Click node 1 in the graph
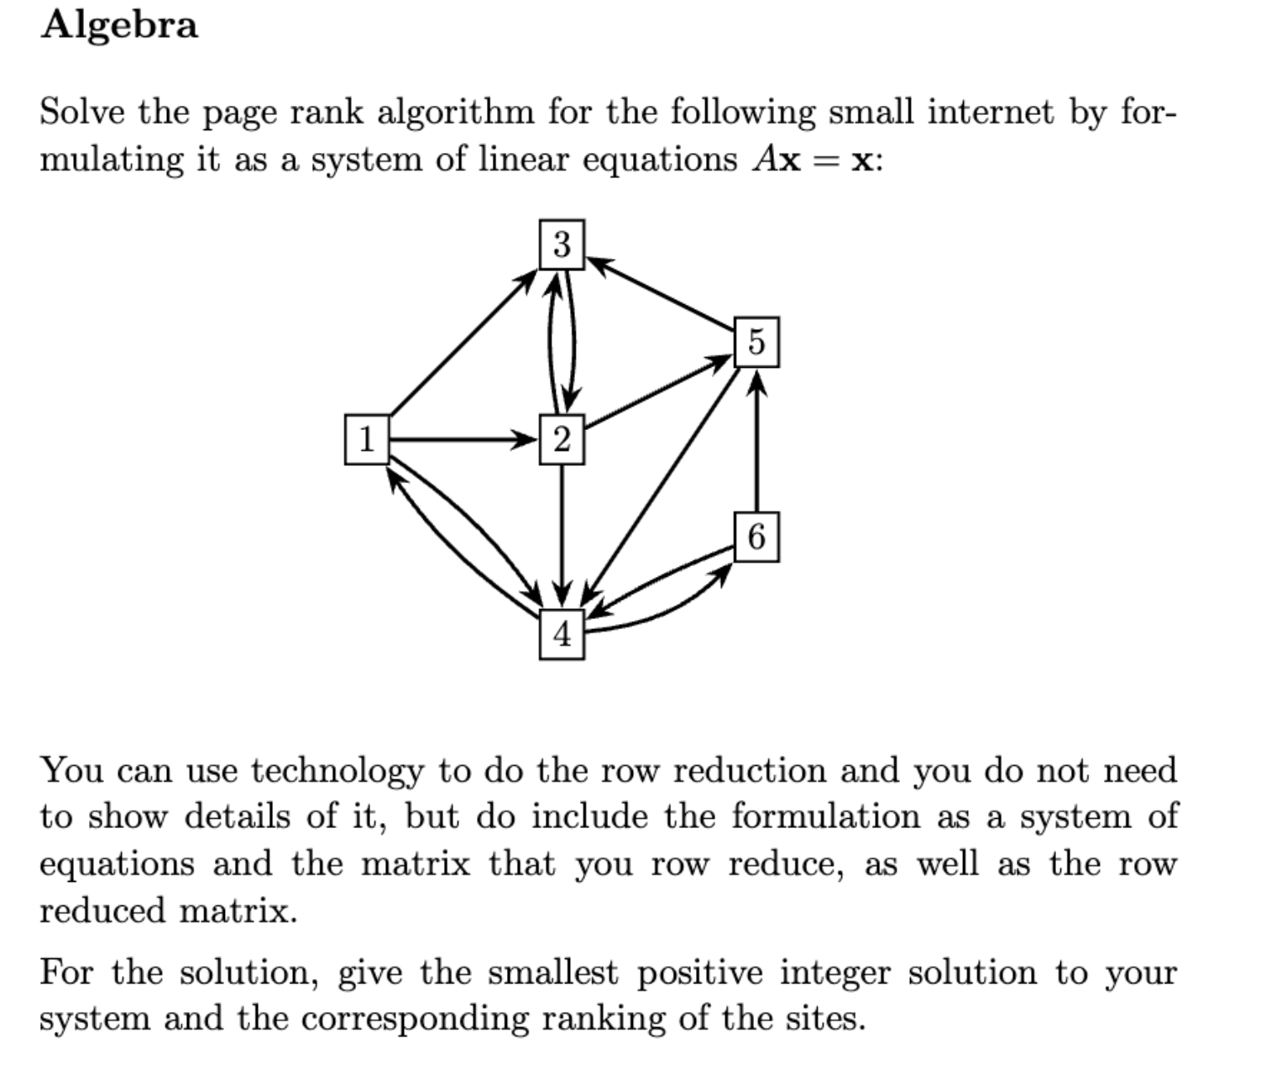(x=367, y=438)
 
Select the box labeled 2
(x=562, y=438)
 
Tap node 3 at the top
(x=562, y=244)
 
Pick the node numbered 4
(x=562, y=634)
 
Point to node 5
(x=756, y=342)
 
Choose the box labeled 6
(x=756, y=537)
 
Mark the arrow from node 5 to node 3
(x=659, y=294)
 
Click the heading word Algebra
(x=119, y=25)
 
